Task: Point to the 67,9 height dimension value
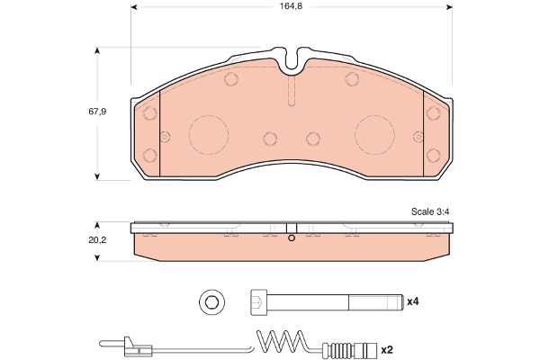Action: (97, 112)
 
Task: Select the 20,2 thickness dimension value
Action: (97, 240)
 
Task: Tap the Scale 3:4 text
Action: (430, 211)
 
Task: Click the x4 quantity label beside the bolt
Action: (413, 301)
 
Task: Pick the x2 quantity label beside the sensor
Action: (387, 350)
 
